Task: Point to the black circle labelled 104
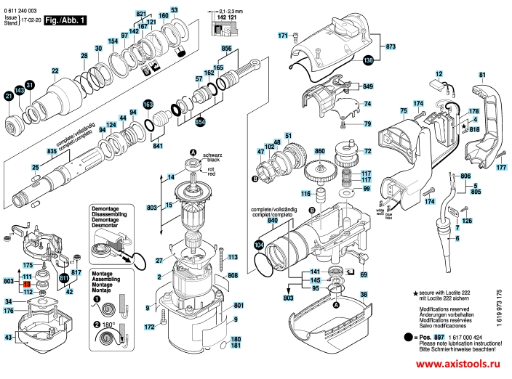(260, 245)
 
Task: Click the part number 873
(391, 46)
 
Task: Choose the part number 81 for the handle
(482, 76)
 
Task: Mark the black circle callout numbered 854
(199, 121)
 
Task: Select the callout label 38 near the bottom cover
(364, 294)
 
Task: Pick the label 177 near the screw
(500, 168)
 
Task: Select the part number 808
(233, 276)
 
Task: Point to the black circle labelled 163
(148, 106)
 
